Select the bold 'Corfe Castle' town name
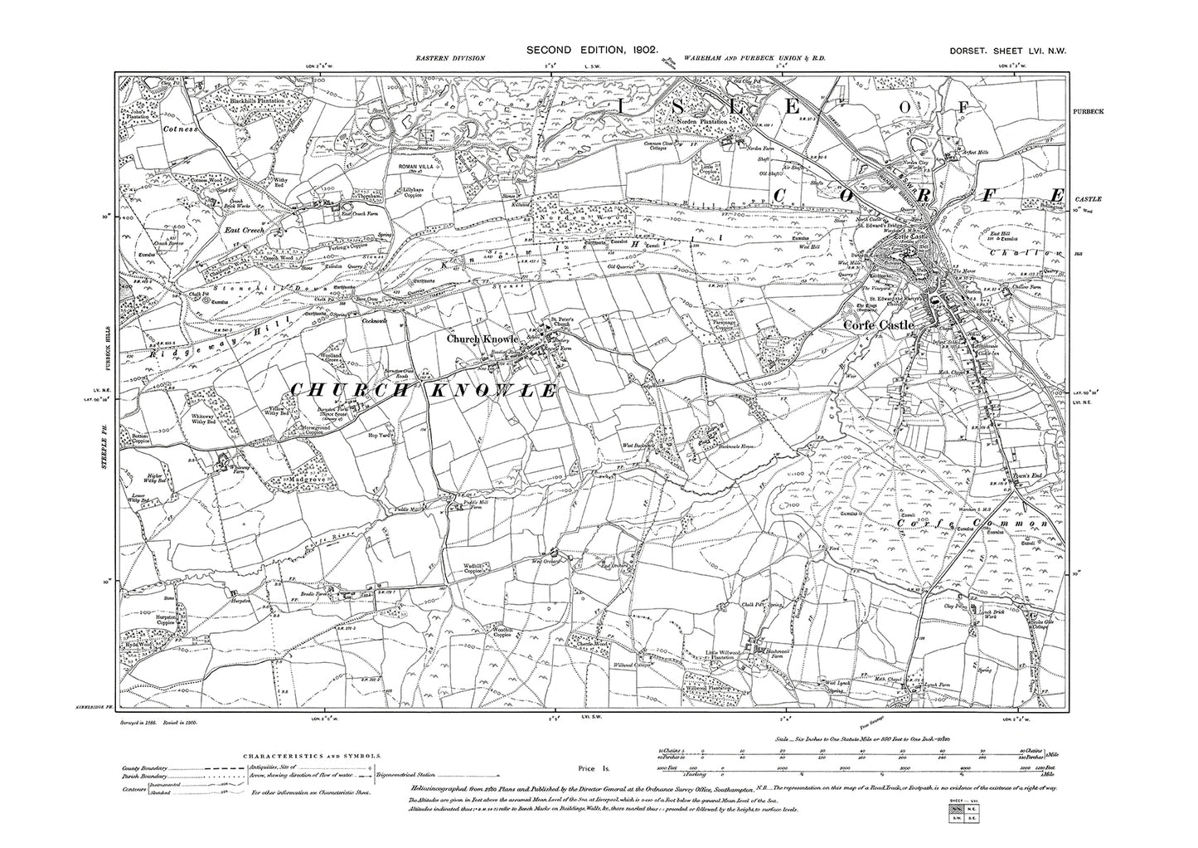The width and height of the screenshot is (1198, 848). click(x=878, y=326)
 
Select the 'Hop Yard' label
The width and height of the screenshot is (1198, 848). click(x=378, y=433)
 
